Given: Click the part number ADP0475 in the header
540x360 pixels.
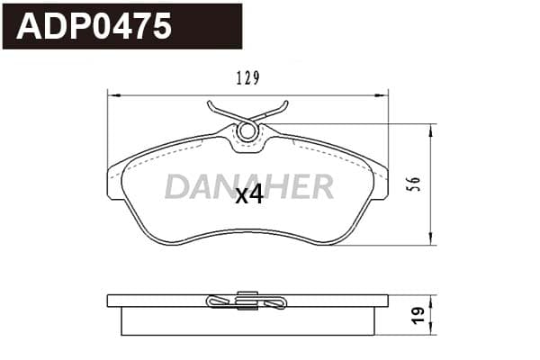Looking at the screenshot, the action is [94, 26].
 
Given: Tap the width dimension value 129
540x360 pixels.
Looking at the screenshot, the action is [247, 78].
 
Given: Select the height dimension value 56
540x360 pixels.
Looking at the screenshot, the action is [415, 184].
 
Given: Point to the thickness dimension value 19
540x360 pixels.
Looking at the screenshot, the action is [418, 316].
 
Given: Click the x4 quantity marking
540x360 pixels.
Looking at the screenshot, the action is [249, 195].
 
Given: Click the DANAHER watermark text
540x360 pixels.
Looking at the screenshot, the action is [249, 186].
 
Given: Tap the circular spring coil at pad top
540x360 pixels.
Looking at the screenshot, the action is [247, 131].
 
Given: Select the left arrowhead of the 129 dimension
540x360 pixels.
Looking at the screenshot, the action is [114, 94].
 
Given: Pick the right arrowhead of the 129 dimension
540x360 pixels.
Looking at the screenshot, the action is [382, 94].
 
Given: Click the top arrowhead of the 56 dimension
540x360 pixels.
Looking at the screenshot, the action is [430, 131].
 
